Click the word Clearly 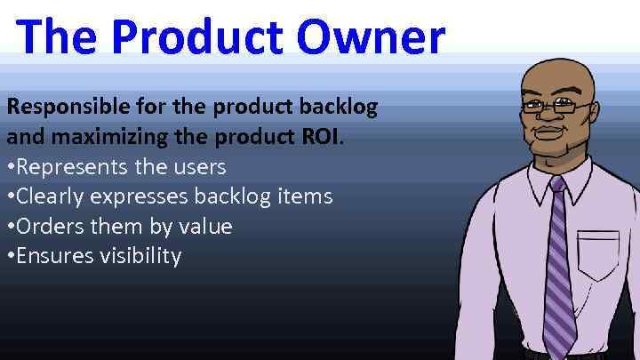coord(52,196)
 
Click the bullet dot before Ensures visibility coord(11,257)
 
